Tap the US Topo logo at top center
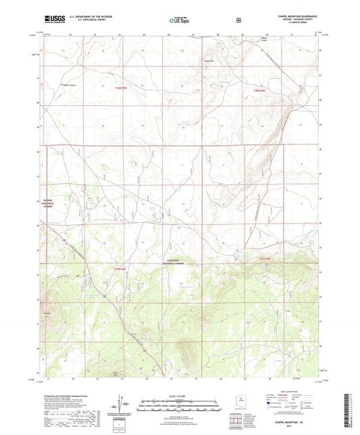click(x=178, y=20)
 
